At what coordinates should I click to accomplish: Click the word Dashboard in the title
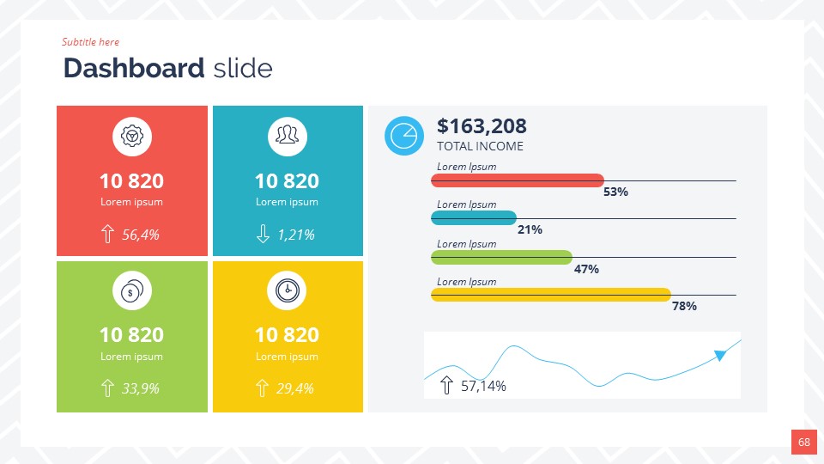134,68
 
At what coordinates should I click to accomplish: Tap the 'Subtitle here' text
90,42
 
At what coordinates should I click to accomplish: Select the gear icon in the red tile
132,137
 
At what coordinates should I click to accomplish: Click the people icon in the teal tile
288,137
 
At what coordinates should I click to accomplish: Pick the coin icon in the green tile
132,291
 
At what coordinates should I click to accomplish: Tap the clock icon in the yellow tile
288,291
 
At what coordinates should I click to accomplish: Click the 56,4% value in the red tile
141,235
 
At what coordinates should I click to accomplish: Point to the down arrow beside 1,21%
264,234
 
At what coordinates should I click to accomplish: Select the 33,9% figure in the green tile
141,388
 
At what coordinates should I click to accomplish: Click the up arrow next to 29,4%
263,388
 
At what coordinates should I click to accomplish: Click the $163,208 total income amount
482,126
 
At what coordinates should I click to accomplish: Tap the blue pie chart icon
403,136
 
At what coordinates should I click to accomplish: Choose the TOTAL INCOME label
480,146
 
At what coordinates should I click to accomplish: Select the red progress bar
518,180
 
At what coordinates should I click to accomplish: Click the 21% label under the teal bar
530,229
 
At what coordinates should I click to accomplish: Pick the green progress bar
501,257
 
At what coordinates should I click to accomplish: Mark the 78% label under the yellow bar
684,306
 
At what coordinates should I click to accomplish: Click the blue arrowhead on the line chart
720,355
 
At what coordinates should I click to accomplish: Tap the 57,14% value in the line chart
483,386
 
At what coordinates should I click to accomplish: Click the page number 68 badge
803,442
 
